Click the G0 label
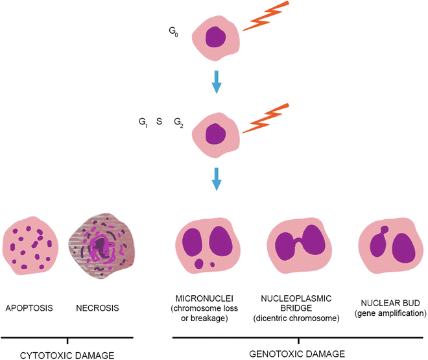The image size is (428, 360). pos(172,30)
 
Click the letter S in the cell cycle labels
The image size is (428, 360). pos(159,121)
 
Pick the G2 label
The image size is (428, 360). pos(178,122)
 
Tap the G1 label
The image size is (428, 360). pos(142,122)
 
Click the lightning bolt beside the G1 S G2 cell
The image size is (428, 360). pos(267,119)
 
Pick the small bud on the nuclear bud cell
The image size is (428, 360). pos(385,229)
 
